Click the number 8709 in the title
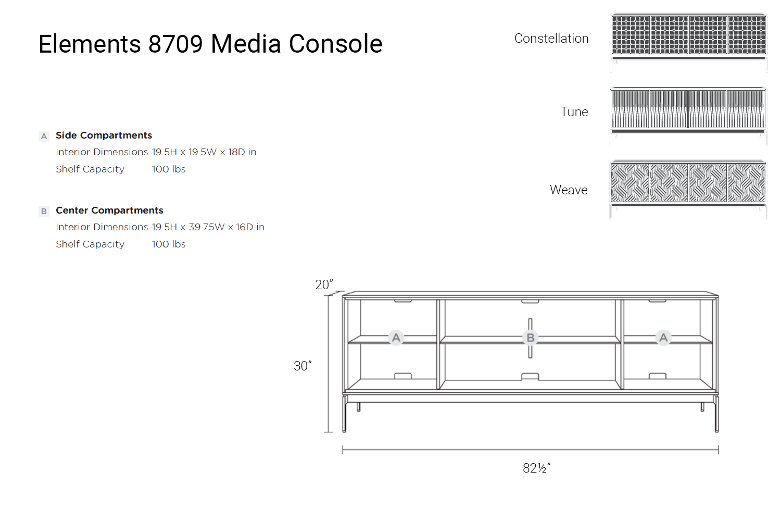point(175,44)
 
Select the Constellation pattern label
point(551,39)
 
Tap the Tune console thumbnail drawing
point(688,116)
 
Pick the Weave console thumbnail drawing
point(688,189)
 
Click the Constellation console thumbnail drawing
point(688,42)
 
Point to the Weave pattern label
point(569,190)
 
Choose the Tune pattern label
point(574,112)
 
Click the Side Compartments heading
point(104,135)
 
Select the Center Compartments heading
point(109,210)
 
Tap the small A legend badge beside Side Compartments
point(44,137)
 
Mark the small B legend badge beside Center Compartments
point(44,212)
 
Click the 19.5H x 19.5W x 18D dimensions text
point(204,152)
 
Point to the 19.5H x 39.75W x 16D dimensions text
point(208,227)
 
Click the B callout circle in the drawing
point(530,338)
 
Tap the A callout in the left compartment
point(396,338)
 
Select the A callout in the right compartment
point(663,338)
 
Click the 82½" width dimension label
point(536,468)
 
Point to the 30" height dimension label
point(303,366)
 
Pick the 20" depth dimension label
point(324,284)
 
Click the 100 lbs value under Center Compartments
point(169,244)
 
